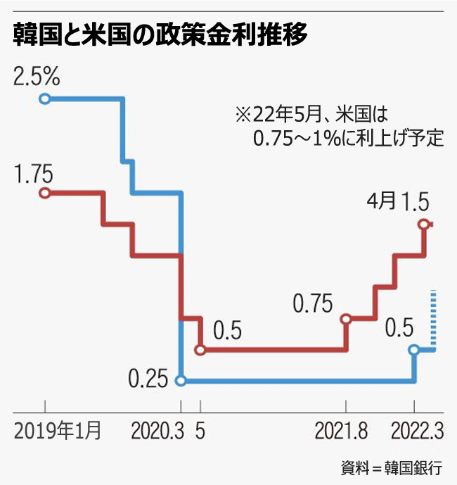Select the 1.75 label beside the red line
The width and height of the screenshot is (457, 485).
34,175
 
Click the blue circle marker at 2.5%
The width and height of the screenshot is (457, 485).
45,99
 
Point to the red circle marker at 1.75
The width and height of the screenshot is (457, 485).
45,193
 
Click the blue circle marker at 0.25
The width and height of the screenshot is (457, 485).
181,381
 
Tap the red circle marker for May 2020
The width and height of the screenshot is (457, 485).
201,349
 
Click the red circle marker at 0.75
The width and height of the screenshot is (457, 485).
346,319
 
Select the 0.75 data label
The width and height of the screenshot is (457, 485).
312,304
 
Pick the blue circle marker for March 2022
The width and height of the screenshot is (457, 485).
415,349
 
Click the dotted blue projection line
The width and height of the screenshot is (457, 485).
434,317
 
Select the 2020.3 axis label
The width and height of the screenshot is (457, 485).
155,431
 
